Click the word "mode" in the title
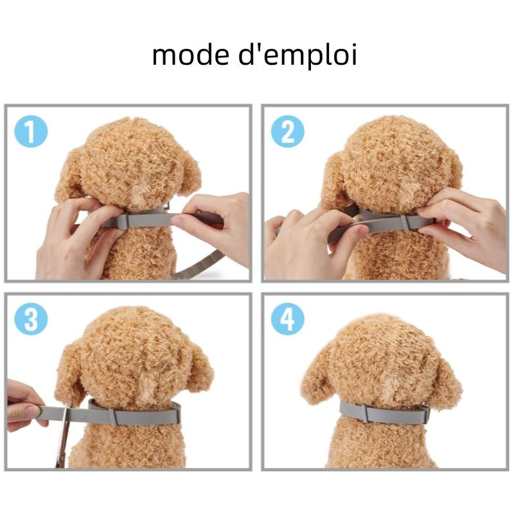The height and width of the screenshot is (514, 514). coord(190,55)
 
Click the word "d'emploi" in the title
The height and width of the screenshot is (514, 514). coord(297,56)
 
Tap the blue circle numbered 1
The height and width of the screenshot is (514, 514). coord(31,132)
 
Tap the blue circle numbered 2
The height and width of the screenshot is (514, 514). coord(287,132)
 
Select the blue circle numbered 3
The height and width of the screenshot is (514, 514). coord(31,319)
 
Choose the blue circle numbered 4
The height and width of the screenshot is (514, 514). coord(287,319)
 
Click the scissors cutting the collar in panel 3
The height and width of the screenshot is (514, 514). coord(64,436)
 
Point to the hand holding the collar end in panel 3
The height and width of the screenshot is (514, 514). coord(24,406)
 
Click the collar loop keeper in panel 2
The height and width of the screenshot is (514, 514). coord(406,223)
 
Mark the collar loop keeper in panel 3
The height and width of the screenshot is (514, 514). coord(114,416)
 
